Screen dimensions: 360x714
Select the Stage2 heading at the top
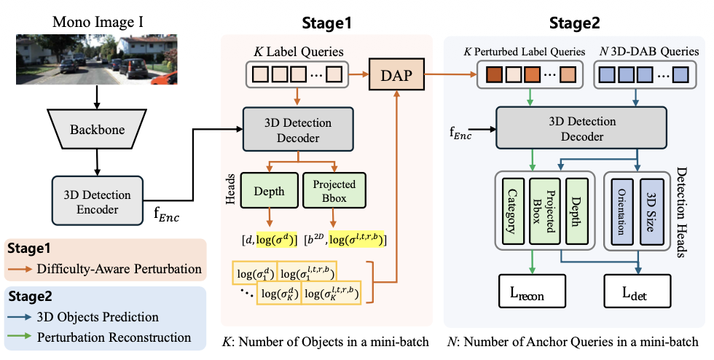(x=576, y=23)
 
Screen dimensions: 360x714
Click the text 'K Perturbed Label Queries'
(x=525, y=52)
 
